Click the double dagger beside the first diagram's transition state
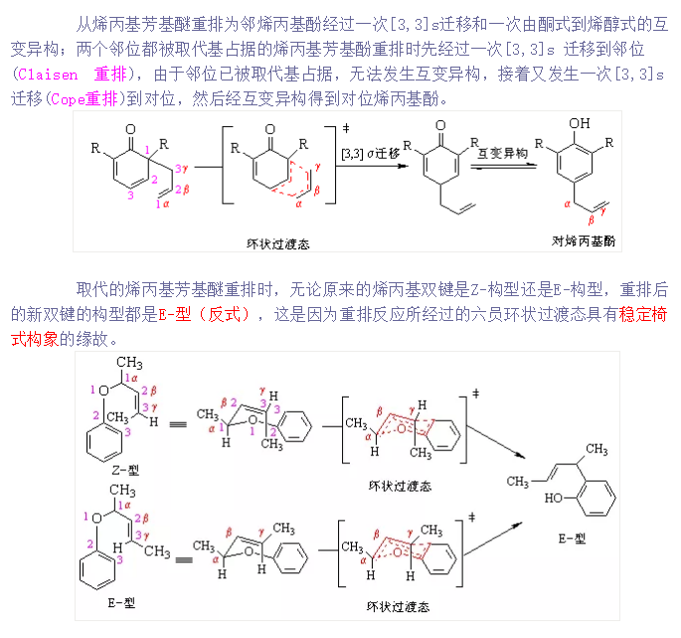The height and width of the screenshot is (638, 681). tap(346, 126)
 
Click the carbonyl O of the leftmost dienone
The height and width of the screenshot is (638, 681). tap(130, 126)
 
